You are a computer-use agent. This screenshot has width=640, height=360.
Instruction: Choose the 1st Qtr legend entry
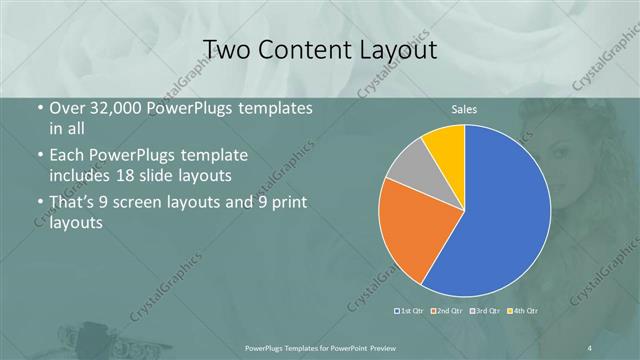(411, 310)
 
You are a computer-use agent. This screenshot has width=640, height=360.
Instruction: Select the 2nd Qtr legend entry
(446, 310)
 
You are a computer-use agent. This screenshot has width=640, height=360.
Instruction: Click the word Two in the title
(226, 49)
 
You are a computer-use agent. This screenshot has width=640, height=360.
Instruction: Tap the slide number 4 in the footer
(590, 346)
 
